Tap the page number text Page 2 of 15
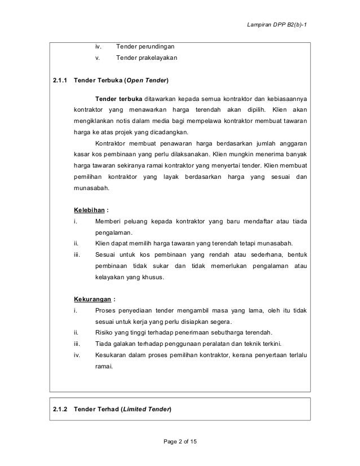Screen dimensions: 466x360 [x=179, y=441]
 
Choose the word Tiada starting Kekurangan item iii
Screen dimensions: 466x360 [x=104, y=344]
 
